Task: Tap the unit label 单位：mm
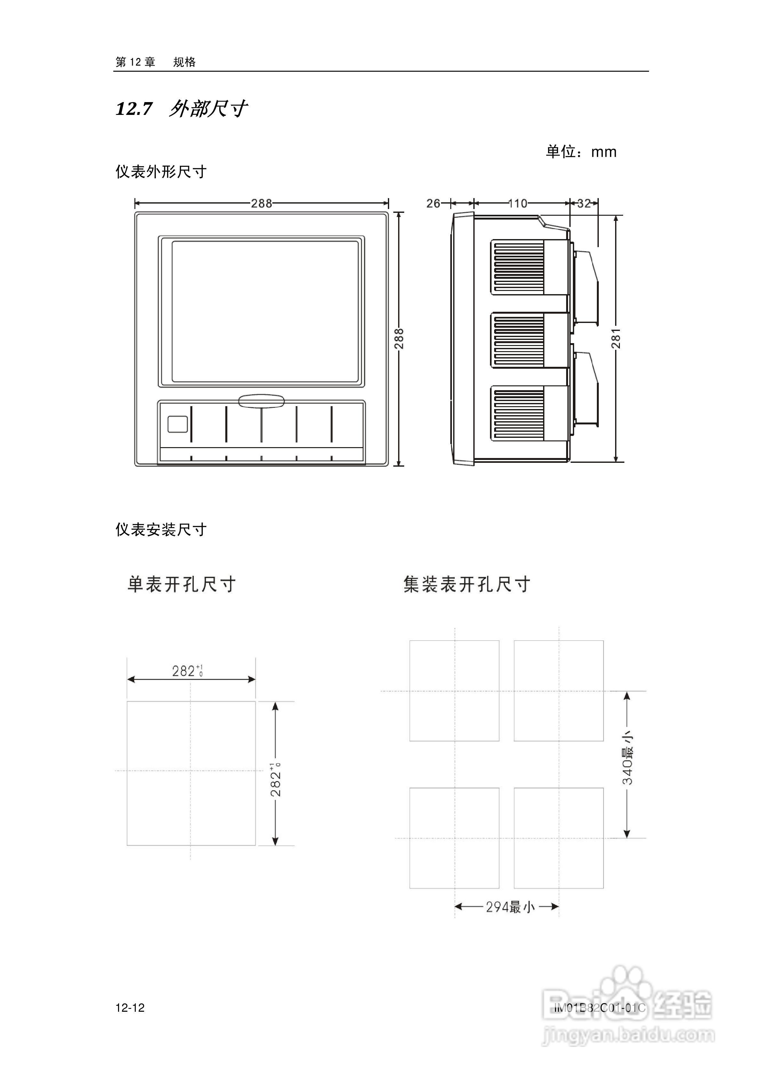tap(581, 152)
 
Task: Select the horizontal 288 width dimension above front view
tap(261, 203)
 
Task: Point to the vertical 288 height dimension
tap(399, 339)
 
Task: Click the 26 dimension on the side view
tap(433, 203)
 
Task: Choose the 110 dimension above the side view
tap(517, 203)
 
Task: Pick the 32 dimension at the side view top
tap(584, 203)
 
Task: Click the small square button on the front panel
tap(178, 424)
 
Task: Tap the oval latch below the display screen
tap(261, 401)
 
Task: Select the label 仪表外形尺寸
tap(161, 172)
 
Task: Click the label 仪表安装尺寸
tap(161, 530)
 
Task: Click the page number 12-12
tap(130, 1008)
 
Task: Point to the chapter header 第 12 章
tap(135, 62)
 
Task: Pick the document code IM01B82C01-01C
tap(599, 1008)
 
